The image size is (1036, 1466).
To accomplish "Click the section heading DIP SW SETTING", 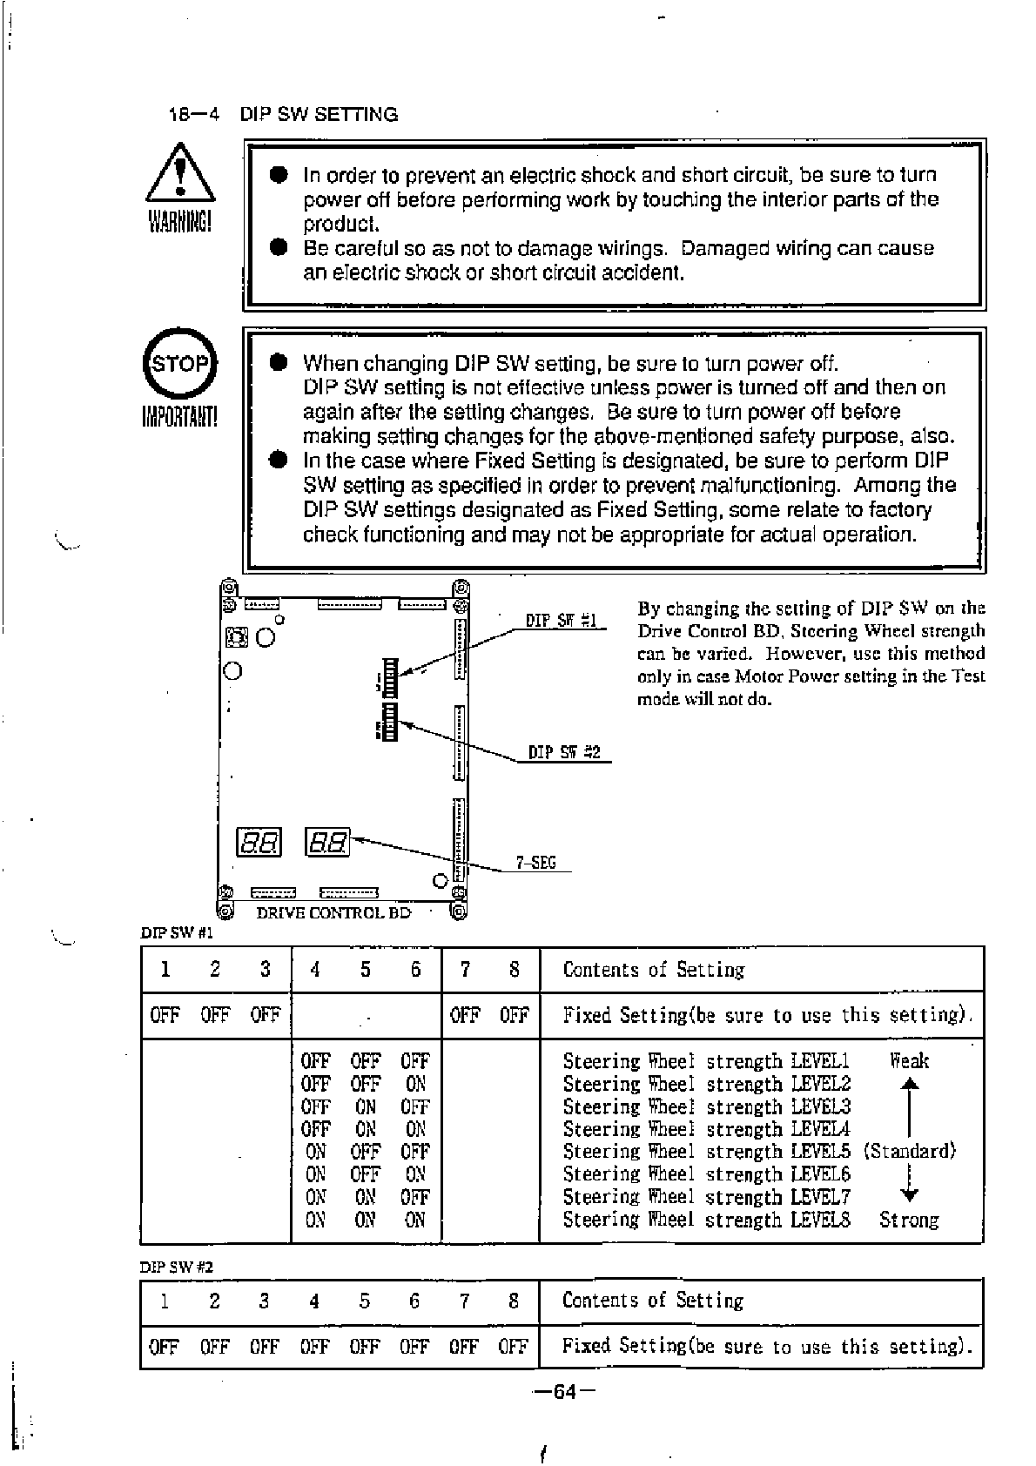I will pyautogui.click(x=319, y=114).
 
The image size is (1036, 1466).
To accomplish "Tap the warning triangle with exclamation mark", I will pyautogui.click(x=180, y=174).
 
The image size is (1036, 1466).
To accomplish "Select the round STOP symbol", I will pyautogui.click(x=180, y=364).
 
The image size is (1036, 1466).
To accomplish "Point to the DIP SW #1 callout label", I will pyautogui.click(x=562, y=621).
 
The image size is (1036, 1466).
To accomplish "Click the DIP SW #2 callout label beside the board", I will pyautogui.click(x=564, y=752).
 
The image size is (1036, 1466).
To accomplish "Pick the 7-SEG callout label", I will pyautogui.click(x=535, y=863).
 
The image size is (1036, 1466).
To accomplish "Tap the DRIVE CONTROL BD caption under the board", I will pyautogui.click(x=333, y=912).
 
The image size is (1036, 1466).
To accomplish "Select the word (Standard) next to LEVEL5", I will pyautogui.click(x=910, y=1151).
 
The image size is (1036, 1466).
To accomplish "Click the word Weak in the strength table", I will pyautogui.click(x=909, y=1060).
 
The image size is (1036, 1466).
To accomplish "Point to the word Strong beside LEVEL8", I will pyautogui.click(x=909, y=1220).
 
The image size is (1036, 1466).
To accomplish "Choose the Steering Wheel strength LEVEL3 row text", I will pyautogui.click(x=706, y=1106).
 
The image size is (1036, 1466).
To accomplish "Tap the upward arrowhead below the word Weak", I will pyautogui.click(x=909, y=1085).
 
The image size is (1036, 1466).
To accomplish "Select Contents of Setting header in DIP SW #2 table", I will pyautogui.click(x=653, y=1301).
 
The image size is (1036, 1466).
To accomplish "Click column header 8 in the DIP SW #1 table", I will pyautogui.click(x=514, y=969).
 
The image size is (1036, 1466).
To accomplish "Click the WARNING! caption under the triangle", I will pyautogui.click(x=180, y=223).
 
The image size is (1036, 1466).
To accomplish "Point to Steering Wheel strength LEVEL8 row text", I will pyautogui.click(x=706, y=1220).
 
